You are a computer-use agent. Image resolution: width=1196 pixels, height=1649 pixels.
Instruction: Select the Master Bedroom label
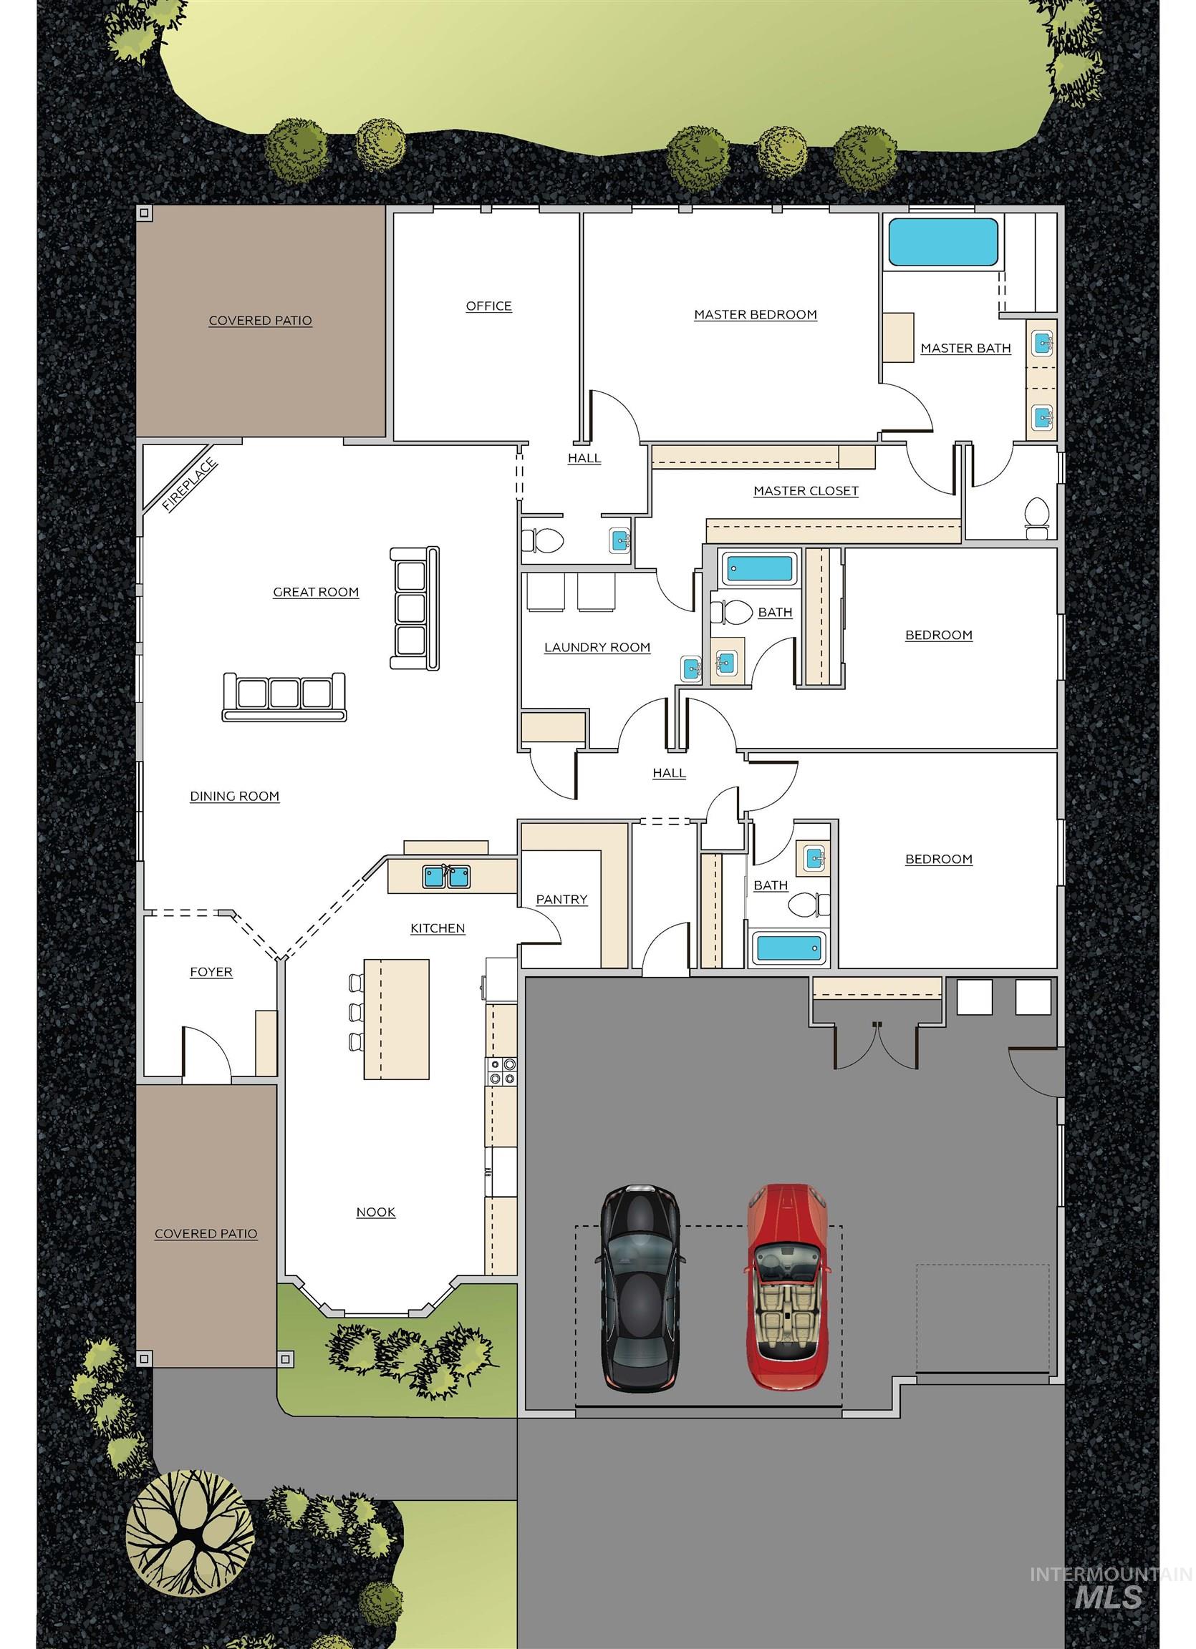[x=755, y=315]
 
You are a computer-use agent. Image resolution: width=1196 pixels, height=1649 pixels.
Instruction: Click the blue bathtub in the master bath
[x=942, y=242]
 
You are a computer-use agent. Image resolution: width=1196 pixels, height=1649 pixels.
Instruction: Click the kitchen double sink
[x=447, y=876]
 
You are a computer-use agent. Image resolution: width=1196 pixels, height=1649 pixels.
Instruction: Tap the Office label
[x=489, y=306]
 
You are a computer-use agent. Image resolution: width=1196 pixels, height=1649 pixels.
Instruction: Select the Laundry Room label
[x=597, y=648]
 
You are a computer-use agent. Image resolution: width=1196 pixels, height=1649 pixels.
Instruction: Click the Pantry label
[x=561, y=900]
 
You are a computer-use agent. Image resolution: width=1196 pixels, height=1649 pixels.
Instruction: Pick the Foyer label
[x=211, y=972]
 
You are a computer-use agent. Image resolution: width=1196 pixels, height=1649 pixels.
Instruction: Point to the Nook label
[x=375, y=1212]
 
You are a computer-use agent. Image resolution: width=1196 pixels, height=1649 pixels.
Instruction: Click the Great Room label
[x=316, y=593]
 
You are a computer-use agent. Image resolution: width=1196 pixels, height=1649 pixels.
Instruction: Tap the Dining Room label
[x=234, y=796]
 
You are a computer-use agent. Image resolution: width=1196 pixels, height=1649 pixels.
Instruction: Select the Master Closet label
[x=806, y=491]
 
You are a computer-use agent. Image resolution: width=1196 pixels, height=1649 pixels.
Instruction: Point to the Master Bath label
[x=965, y=349]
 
